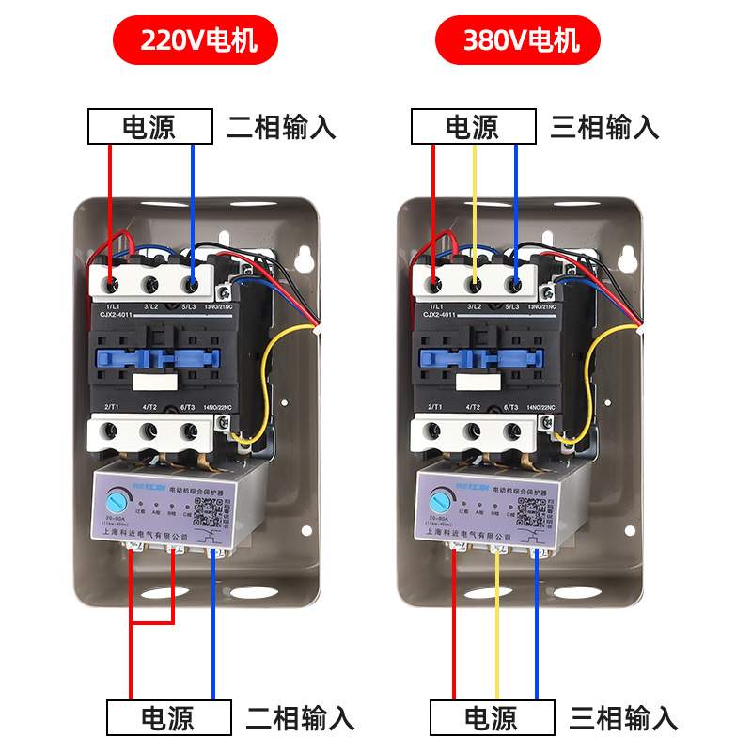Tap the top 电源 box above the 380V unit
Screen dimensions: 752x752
point(473,127)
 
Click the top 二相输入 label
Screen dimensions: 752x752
point(281,127)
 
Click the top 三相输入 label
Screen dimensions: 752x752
point(604,127)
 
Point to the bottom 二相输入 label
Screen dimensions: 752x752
point(300,718)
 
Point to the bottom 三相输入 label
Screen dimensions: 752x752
point(623,718)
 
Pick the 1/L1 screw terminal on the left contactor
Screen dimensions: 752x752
point(111,282)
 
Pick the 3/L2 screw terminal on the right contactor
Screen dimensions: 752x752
point(475,282)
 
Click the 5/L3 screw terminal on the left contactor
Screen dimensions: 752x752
point(192,282)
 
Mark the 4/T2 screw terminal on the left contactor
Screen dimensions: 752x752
point(149,432)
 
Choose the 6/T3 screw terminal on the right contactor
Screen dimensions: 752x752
point(513,432)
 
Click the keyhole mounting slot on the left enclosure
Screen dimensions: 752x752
point(304,257)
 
